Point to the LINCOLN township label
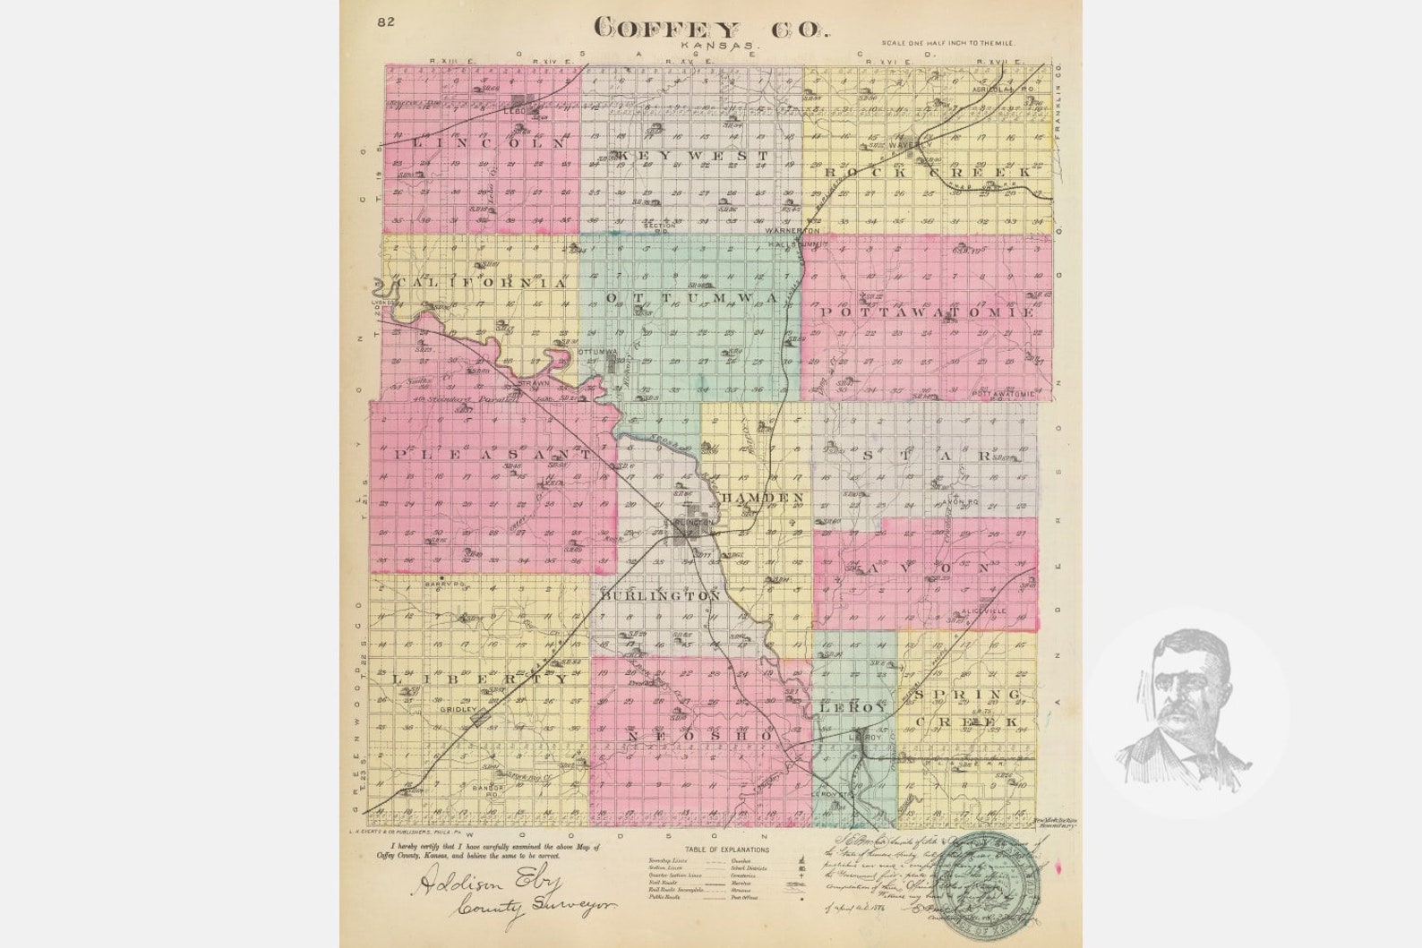(x=489, y=141)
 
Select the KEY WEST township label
(x=690, y=156)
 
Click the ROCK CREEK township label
(x=927, y=171)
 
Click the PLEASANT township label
(x=491, y=455)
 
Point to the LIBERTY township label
(x=480, y=679)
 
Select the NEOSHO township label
(x=699, y=735)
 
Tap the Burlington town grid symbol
(x=692, y=530)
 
